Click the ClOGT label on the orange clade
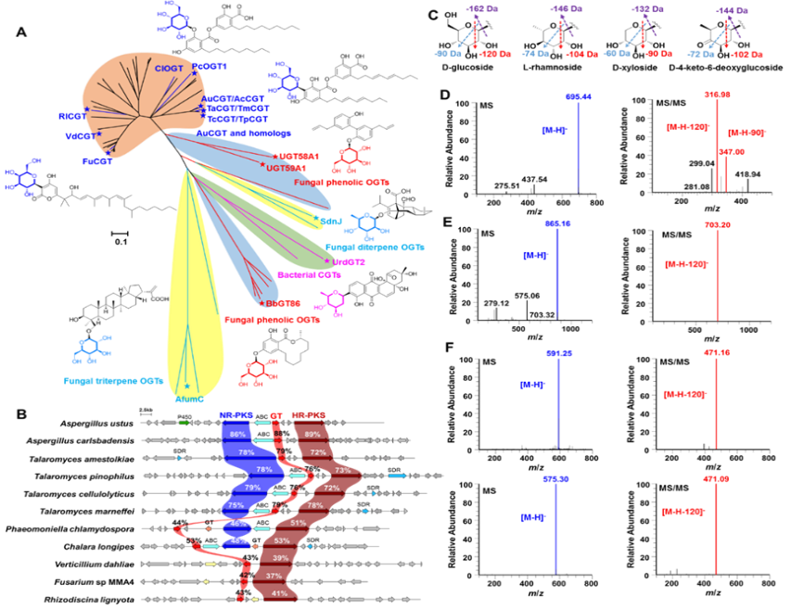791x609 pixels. pos(169,69)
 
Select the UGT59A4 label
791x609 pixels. pos(286,168)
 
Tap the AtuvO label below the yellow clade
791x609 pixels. pos(189,400)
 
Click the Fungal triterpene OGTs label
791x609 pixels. pos(114,380)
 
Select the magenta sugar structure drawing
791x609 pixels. pos(330,302)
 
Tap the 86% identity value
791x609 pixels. pos(238,435)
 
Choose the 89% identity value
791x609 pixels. pos(313,435)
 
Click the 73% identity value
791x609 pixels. pos(342,470)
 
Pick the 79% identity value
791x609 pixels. pos(252,488)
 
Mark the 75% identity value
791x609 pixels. pos(236,505)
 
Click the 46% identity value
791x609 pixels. pos(238,523)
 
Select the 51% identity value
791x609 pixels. pos(299,523)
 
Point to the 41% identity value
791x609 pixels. pos(279,593)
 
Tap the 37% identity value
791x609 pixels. pos(274,576)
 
